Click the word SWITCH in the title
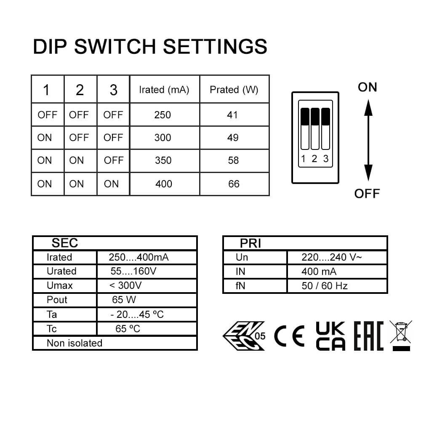115,46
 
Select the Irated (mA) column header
164,90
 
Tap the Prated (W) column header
234,90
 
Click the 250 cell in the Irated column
163,115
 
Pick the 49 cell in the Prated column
233,138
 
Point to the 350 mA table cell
163,160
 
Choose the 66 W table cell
234,184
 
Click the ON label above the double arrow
367,87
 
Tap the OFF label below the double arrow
367,194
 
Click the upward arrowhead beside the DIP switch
368,108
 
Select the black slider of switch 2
315,117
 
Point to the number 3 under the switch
326,159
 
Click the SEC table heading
65,243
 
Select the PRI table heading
250,243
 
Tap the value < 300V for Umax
125,285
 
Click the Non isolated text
75,343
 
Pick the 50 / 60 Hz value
325,286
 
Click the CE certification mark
290,336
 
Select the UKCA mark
330,336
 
